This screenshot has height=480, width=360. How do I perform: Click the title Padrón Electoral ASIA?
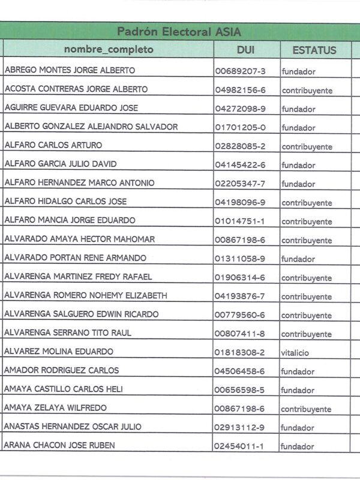pos(179,31)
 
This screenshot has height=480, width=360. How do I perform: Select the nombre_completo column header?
pos(109,50)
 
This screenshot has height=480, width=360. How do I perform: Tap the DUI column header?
pos(245,50)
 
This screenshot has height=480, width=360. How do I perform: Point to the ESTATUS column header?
pos(314,50)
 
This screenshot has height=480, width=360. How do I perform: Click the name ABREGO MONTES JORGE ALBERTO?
pos(70,70)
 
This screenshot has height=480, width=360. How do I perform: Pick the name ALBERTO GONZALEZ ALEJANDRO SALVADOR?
pos(91,127)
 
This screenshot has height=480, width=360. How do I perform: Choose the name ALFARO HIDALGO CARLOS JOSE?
pos(65,202)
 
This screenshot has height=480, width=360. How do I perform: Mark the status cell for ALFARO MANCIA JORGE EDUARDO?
pos(307,221)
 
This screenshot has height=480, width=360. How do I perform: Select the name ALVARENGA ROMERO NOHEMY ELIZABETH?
pos(86,296)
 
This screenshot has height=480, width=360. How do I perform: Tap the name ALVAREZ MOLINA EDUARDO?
pos(59,352)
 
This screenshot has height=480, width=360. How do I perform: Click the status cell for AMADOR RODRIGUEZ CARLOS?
pos(298,371)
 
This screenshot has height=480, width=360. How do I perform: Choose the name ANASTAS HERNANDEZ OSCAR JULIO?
pos(73,427)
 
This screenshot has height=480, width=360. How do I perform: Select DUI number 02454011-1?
pos(240,446)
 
